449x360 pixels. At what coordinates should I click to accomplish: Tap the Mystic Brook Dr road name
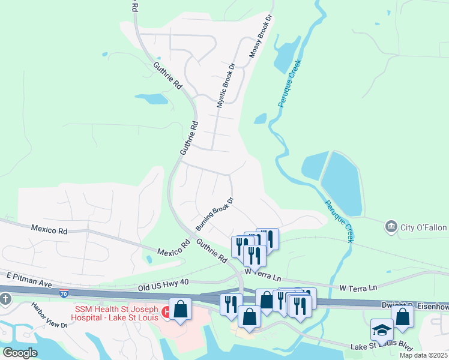click(x=225, y=85)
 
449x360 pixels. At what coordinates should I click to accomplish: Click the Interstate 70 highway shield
click(x=64, y=293)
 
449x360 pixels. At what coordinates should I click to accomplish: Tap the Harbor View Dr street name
click(x=50, y=315)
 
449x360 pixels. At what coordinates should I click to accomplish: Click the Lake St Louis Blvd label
click(x=382, y=346)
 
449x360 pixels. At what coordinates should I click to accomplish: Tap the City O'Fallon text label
click(x=424, y=226)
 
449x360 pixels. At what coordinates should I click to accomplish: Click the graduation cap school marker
click(x=380, y=330)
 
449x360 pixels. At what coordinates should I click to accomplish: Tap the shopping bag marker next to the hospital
click(x=179, y=309)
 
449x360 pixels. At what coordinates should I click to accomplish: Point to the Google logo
click(x=20, y=352)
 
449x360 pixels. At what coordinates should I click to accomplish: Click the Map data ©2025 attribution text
click(x=423, y=355)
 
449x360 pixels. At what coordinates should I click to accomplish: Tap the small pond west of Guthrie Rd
click(x=151, y=99)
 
